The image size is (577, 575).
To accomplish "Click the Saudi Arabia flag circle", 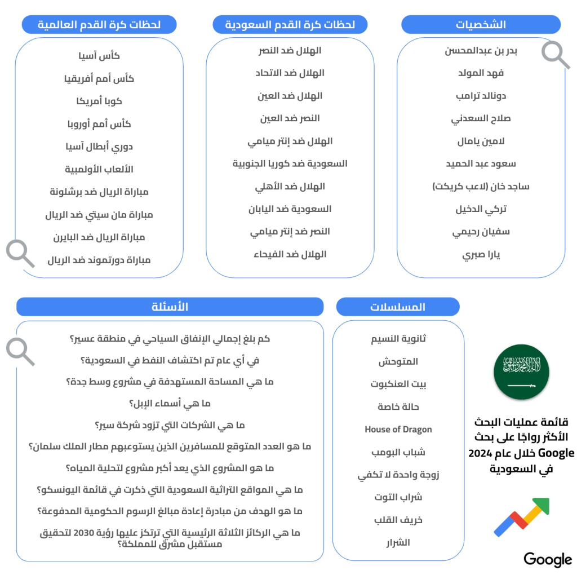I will [x=521, y=372].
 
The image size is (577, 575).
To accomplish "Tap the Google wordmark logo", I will [x=547, y=559].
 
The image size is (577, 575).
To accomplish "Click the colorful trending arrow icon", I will [x=521, y=516].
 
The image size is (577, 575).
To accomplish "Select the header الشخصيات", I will [x=481, y=25].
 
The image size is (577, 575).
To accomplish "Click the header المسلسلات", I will [x=397, y=307].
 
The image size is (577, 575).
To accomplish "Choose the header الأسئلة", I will [x=170, y=307].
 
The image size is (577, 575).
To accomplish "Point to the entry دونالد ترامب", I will [x=481, y=96].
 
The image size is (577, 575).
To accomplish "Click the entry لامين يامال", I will [x=481, y=141].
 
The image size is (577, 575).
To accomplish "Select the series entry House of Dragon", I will [x=398, y=430].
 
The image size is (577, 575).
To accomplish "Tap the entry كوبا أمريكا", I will [x=99, y=101].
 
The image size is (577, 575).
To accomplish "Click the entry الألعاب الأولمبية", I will [x=99, y=169].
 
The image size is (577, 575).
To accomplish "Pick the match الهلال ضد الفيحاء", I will [x=290, y=254].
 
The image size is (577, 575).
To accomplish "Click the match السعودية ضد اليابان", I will [x=290, y=209].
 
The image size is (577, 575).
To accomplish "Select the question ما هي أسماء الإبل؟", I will [x=170, y=404].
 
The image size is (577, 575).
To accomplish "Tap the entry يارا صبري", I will [x=481, y=254].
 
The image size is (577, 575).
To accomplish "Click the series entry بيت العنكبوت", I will [x=398, y=384].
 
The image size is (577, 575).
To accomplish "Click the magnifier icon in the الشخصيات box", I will [x=555, y=55].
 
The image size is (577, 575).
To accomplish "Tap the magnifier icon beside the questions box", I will [x=20, y=351].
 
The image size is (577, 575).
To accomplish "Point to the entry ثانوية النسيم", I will [x=398, y=339].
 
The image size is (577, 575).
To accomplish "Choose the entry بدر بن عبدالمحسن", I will [x=481, y=51].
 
